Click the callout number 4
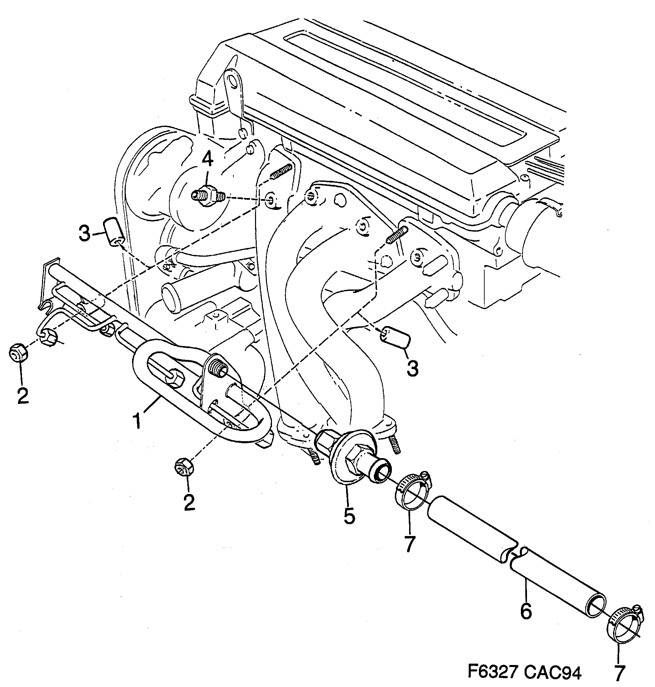[x=207, y=160]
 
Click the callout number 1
[x=138, y=421]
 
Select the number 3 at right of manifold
[x=413, y=368]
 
